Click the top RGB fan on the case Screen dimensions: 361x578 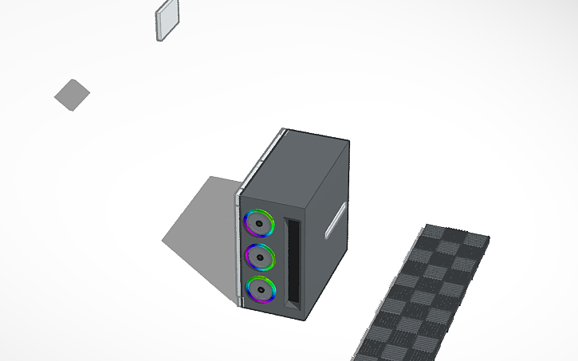click(x=260, y=223)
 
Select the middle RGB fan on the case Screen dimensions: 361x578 click(x=260, y=257)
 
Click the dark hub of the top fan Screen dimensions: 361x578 click(x=260, y=224)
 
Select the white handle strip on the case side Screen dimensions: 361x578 click(x=336, y=220)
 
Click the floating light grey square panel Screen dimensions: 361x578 click(x=167, y=20)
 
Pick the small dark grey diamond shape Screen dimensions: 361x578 click(x=72, y=95)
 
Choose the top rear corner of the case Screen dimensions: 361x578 click(x=348, y=144)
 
